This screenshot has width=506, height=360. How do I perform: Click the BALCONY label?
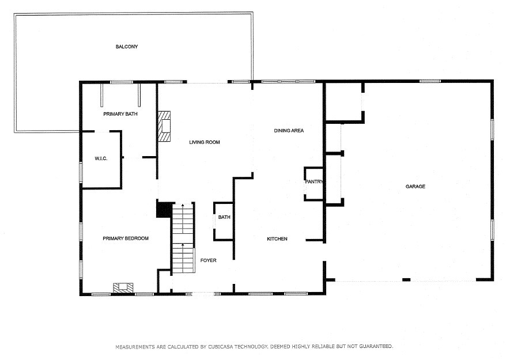click(x=127, y=47)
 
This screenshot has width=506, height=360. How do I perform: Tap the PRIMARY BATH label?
click(x=120, y=114)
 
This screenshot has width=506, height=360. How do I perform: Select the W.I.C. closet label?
click(x=101, y=158)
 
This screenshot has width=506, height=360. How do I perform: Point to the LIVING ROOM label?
click(x=205, y=142)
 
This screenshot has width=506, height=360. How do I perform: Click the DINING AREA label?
click(x=289, y=131)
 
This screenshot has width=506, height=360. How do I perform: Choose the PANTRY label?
click(x=314, y=183)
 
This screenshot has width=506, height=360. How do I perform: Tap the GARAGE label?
click(x=415, y=187)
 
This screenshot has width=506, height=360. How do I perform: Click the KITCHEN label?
click(x=277, y=239)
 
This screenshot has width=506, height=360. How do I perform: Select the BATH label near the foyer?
click(x=224, y=218)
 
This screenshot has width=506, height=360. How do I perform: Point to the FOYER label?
click(x=208, y=261)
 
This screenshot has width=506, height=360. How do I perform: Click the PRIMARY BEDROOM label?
click(x=126, y=238)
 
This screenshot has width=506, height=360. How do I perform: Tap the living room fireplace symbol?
click(x=165, y=126)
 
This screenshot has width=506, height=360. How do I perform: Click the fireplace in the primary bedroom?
click(x=123, y=287)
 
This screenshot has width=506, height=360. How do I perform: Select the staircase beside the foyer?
click(x=184, y=239)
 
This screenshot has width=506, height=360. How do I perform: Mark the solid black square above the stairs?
click(x=164, y=210)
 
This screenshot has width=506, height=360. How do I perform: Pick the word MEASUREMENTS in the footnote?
click(x=135, y=347)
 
